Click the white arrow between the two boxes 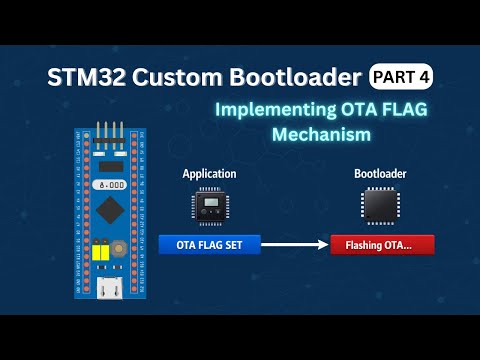click(296, 244)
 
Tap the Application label click(209, 174)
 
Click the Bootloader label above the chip click(380, 174)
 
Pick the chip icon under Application click(210, 207)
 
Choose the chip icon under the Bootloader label click(379, 207)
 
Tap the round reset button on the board click(118, 249)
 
